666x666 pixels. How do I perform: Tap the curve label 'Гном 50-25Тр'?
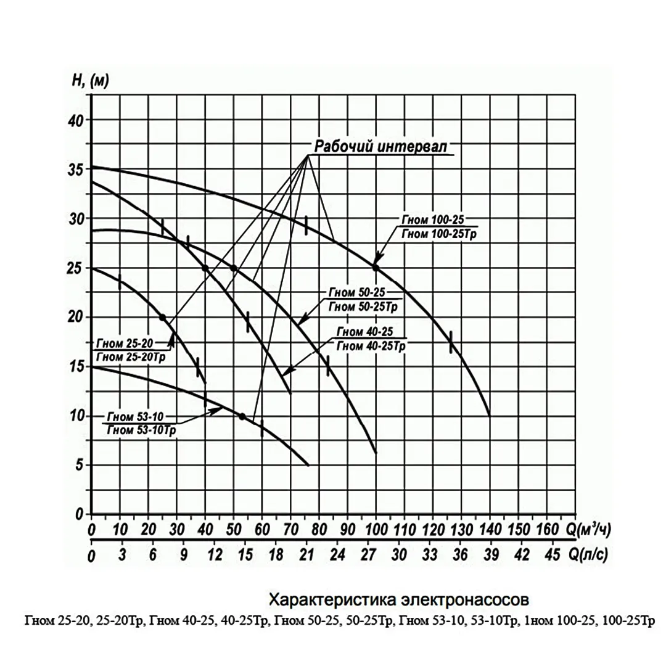point(360,306)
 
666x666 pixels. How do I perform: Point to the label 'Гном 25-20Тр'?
point(133,357)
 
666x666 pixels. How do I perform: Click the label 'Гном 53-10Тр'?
point(141,430)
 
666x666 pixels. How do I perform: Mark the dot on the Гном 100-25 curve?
point(376,268)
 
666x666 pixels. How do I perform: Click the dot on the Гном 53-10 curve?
point(242,416)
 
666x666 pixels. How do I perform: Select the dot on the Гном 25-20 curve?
point(162,318)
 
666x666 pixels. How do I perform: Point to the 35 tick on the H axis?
point(75,170)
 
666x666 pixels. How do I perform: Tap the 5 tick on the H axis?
point(79,466)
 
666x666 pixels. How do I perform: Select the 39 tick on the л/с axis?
point(490,556)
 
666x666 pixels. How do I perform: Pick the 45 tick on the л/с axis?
point(553,556)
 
